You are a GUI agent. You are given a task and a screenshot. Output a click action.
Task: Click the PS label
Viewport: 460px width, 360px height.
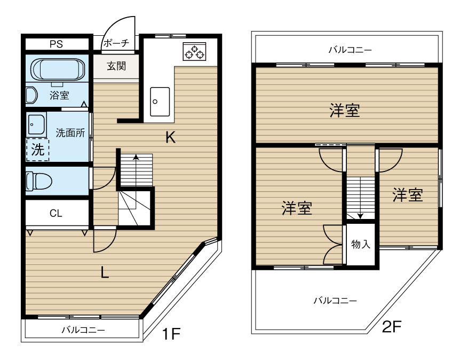click(x=55, y=44)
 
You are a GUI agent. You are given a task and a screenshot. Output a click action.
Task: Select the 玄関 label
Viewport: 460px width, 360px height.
click(x=116, y=67)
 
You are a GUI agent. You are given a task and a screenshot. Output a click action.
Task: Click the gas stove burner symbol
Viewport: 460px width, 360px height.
click(x=194, y=52)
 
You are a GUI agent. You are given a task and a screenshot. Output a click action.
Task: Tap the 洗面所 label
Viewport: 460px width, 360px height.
click(x=70, y=133)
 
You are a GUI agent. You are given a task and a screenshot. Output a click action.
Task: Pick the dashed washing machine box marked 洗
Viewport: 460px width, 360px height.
click(x=37, y=150)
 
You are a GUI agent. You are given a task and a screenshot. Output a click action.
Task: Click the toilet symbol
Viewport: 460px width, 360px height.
click(x=38, y=181)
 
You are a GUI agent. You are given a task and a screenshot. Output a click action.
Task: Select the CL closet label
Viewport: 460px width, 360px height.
click(x=56, y=214)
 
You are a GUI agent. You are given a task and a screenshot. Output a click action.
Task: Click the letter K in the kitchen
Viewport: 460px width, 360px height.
click(x=170, y=138)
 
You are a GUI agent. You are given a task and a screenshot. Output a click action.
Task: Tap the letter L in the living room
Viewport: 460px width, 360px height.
click(x=105, y=273)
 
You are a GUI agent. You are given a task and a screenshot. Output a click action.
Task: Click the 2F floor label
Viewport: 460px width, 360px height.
click(x=392, y=326)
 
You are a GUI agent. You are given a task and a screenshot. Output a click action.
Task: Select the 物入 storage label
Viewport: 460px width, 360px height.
click(x=361, y=244)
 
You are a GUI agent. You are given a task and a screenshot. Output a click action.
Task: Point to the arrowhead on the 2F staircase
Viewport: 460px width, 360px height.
click(x=360, y=216)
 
